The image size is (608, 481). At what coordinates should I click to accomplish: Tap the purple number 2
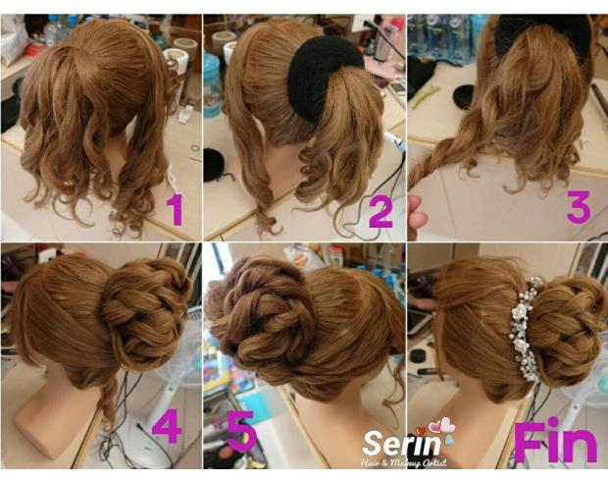(380, 210)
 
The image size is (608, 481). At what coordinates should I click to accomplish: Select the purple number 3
(579, 206)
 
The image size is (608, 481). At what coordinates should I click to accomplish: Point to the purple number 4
(167, 427)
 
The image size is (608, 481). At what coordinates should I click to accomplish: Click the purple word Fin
(555, 440)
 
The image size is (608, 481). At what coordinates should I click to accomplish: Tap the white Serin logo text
(401, 444)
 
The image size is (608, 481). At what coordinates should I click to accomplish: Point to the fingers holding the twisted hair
(417, 215)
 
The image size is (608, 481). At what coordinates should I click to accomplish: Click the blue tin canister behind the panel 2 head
(211, 85)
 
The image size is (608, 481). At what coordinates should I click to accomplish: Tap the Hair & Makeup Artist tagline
(403, 462)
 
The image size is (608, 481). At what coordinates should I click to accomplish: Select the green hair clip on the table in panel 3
(426, 97)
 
